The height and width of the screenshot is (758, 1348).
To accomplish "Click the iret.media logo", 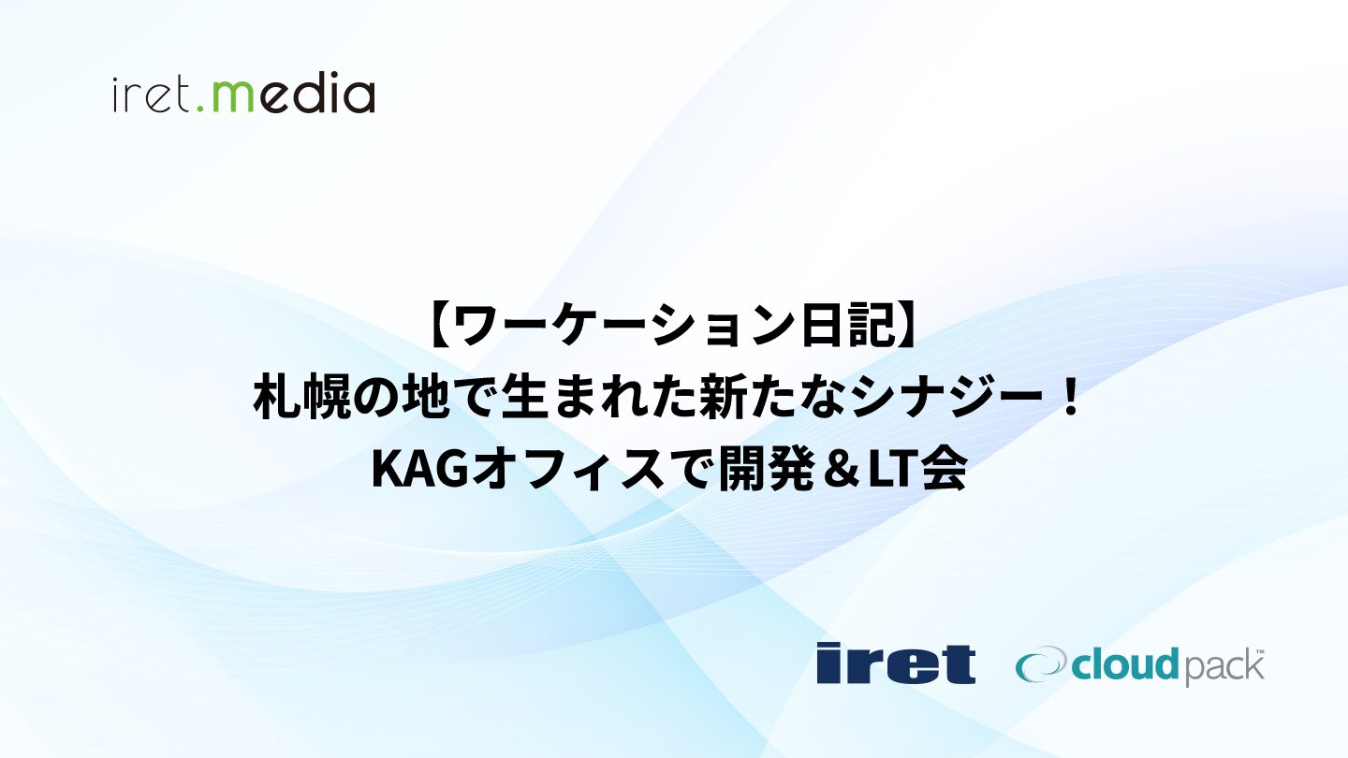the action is click(x=243, y=95).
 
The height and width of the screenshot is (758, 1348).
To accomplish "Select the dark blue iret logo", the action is click(x=896, y=663).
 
